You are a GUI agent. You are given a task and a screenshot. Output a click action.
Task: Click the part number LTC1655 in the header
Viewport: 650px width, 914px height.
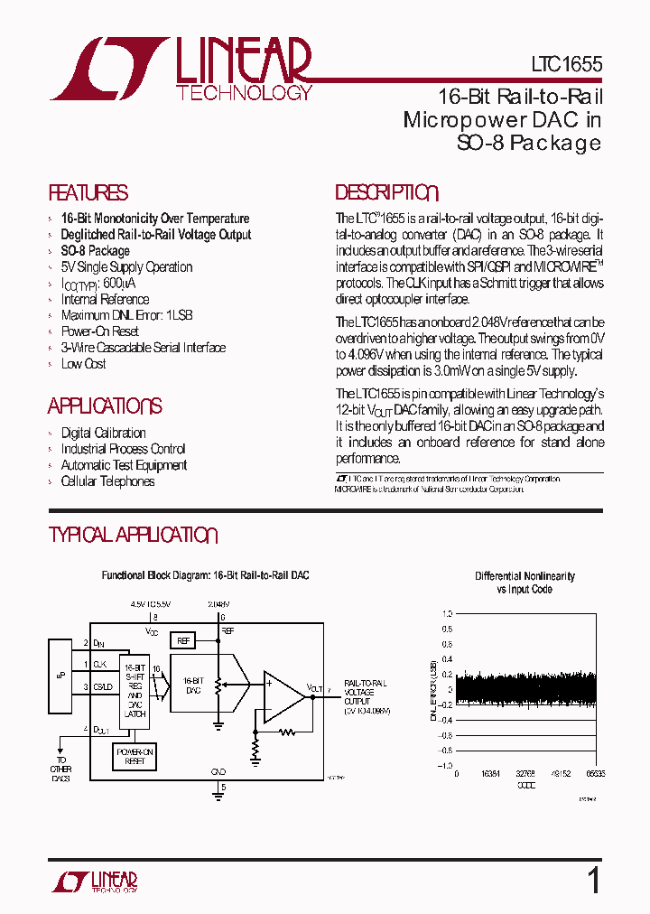coord(565,65)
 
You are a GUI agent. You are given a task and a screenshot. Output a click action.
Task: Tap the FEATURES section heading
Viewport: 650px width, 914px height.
coord(88,193)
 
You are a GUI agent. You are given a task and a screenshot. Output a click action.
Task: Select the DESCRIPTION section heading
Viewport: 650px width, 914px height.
coord(386,193)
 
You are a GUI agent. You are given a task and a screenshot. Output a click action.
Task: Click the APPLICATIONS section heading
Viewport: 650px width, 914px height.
coord(105,406)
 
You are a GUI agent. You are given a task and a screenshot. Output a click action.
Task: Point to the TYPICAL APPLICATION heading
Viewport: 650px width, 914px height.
coord(133,536)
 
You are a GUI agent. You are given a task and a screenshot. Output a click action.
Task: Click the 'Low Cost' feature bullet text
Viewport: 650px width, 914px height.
coord(83,364)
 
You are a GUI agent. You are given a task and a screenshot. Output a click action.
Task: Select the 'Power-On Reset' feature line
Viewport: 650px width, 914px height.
coord(99,331)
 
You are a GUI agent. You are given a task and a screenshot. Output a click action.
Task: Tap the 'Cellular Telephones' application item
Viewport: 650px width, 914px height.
coord(107,481)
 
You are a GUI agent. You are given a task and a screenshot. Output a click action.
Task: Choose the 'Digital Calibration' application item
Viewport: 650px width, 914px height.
coord(103,433)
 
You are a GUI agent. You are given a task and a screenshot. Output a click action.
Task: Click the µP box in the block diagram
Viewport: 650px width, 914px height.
coord(59,676)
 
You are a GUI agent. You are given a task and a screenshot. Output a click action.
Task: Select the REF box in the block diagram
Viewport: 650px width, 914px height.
coord(183,640)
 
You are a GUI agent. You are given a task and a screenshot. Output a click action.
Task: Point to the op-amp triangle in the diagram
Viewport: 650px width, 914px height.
coord(283,696)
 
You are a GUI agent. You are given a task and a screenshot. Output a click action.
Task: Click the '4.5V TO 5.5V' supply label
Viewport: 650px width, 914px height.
coord(150,602)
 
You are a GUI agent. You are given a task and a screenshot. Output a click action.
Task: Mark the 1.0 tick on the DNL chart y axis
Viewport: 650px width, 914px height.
coord(447,613)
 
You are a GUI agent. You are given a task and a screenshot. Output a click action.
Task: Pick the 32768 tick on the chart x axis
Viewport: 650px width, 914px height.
coord(525,774)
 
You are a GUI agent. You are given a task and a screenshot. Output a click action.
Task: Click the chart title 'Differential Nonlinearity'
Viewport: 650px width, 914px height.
coord(525,576)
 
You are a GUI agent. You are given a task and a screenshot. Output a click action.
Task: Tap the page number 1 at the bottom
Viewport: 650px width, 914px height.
coord(593,880)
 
